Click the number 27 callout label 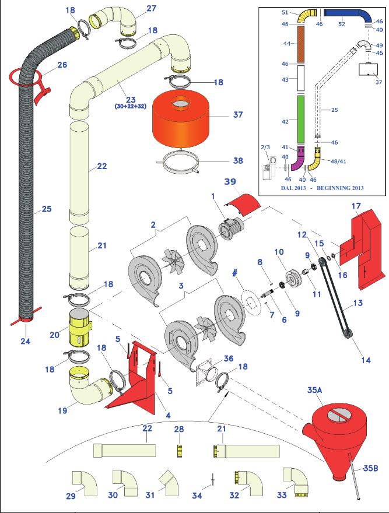(150, 9)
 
